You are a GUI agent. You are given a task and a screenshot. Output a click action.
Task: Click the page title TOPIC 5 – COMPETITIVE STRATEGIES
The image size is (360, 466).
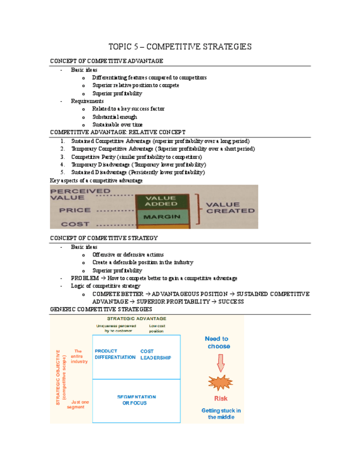(180, 47)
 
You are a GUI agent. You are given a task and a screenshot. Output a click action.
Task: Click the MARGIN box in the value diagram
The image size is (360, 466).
(162, 217)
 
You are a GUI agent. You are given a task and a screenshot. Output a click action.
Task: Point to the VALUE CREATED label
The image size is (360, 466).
(230, 207)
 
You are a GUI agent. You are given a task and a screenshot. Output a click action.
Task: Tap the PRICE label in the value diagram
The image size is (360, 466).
(75, 210)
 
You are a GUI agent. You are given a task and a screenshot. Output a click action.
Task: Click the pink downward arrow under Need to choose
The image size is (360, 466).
(221, 362)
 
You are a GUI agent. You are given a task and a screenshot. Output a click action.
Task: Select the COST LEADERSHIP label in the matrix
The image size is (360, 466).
(156, 354)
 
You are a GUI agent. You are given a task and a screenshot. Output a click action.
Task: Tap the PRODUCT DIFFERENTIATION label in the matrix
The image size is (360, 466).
(115, 354)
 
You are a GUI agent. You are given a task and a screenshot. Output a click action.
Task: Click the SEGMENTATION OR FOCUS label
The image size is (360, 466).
(136, 400)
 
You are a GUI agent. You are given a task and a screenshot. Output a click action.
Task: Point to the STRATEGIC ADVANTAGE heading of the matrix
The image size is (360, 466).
(136, 319)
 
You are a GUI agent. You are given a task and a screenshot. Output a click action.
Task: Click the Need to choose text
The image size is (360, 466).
(218, 342)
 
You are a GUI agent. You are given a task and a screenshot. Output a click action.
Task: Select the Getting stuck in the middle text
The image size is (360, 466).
(220, 414)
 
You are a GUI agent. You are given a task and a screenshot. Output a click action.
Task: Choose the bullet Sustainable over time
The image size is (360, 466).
(117, 125)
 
